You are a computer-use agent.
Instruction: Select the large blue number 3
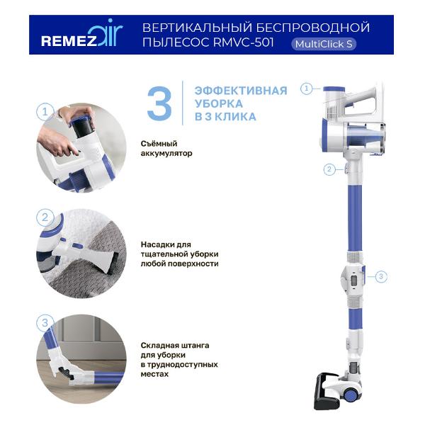[159, 103]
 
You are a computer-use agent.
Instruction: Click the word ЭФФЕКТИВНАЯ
[235, 91]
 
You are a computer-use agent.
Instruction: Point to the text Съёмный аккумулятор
[167, 148]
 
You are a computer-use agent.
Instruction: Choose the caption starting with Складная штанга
[178, 358]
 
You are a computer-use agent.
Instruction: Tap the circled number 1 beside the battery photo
[45, 112]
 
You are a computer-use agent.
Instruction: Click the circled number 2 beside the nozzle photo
[45, 217]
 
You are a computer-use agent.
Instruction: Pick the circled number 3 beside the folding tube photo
[45, 323]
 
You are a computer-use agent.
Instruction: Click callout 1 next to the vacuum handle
[307, 89]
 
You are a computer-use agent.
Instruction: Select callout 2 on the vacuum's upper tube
[329, 169]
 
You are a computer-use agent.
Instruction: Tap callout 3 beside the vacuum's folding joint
[381, 276]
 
